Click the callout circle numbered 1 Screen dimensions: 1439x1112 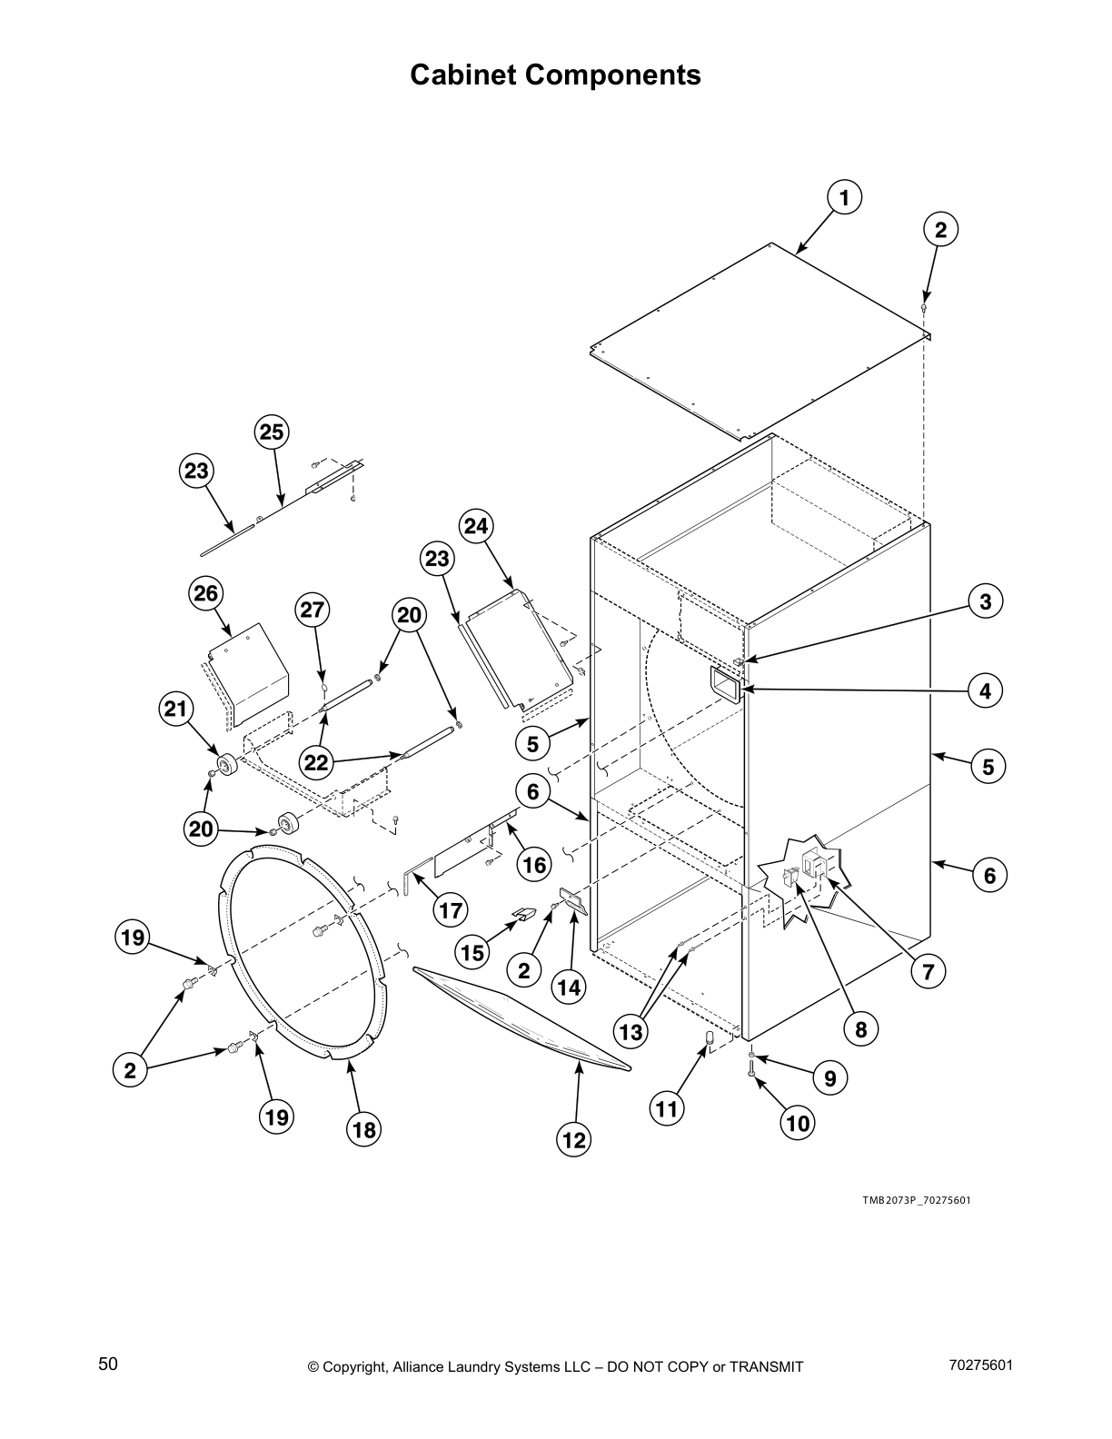[x=844, y=197]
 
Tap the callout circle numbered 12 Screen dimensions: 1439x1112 [x=574, y=1139]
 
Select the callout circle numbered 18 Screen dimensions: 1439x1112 [x=363, y=1130]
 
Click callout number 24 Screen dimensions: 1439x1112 [x=476, y=526]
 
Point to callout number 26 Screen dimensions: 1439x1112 [x=206, y=593]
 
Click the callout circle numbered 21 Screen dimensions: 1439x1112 [x=175, y=709]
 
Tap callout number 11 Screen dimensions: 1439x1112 [x=667, y=1109]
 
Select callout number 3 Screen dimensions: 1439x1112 [x=985, y=601]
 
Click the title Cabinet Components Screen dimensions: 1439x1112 [x=555, y=74]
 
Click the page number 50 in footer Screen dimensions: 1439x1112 [x=108, y=1364]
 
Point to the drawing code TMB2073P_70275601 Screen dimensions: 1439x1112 [x=916, y=1200]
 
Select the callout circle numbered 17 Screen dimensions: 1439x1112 [x=451, y=909]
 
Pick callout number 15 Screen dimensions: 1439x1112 [x=473, y=953]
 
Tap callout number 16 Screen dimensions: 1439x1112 [x=534, y=865]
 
